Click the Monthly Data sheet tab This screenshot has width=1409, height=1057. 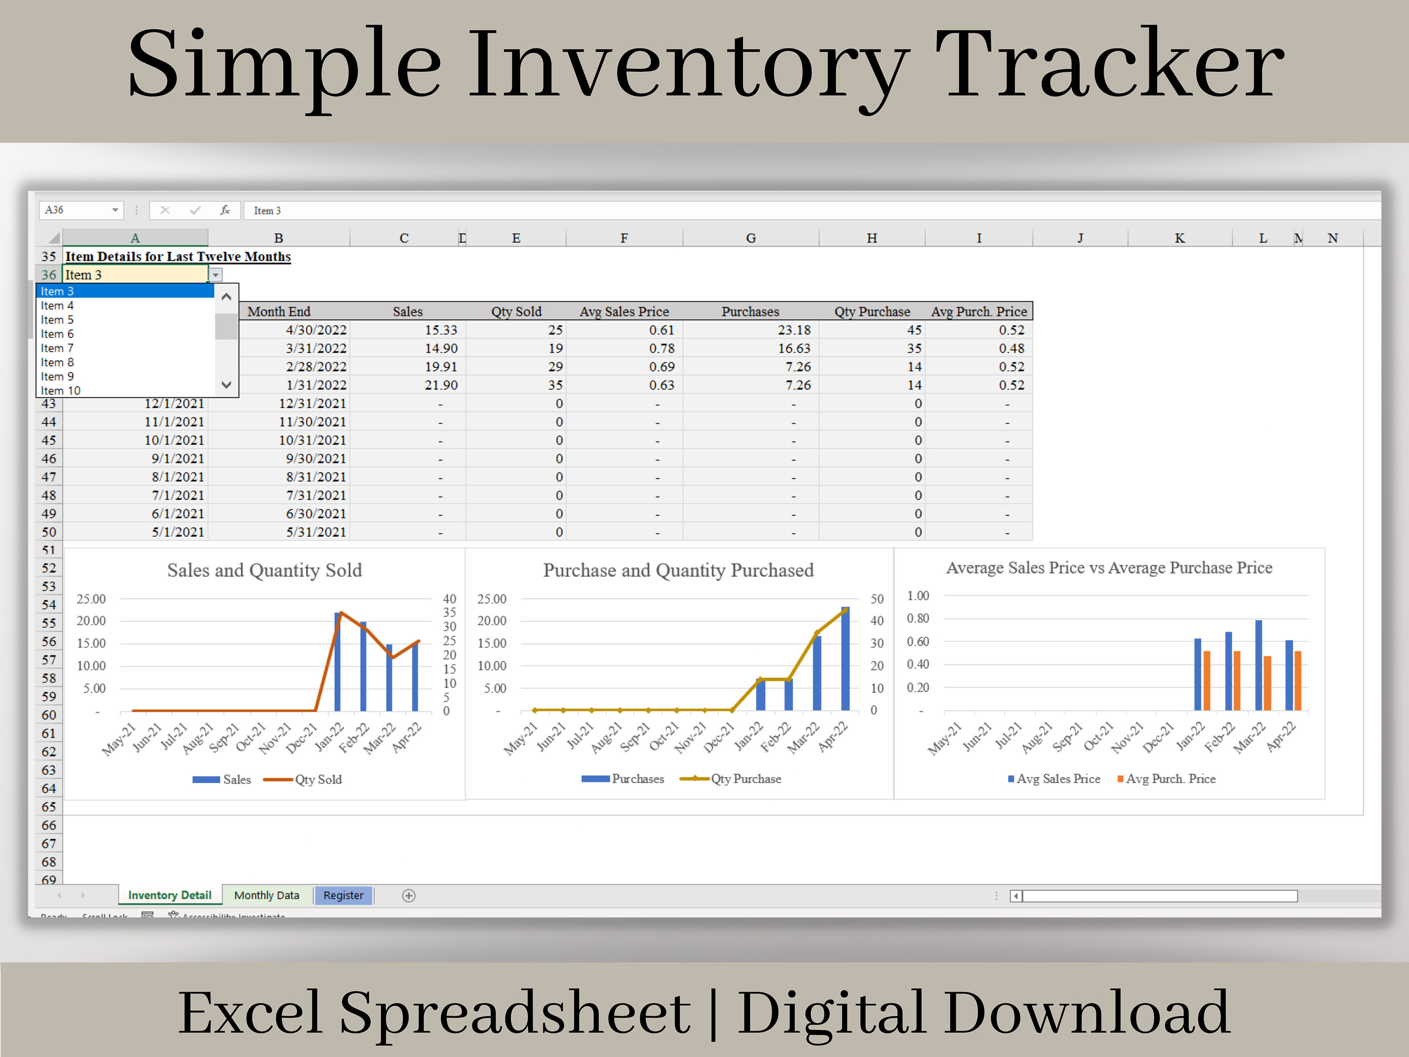tap(266, 895)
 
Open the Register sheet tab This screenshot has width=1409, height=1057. tap(343, 895)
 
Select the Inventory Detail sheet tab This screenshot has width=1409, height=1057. tap(170, 895)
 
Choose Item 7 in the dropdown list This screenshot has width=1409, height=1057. tap(57, 349)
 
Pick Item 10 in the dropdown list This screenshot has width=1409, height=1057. tap(61, 390)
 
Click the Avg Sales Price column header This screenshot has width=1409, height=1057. tap(624, 311)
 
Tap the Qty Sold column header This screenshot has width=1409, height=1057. tap(516, 311)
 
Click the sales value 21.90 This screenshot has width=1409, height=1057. tap(441, 385)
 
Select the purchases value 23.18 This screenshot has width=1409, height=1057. tap(794, 330)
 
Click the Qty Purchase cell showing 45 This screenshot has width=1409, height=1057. tap(914, 330)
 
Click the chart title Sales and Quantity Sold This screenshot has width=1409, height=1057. tap(264, 570)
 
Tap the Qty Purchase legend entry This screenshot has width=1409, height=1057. tap(745, 778)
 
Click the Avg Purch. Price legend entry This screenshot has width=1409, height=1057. tap(1170, 778)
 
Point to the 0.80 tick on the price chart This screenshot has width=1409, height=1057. tap(918, 618)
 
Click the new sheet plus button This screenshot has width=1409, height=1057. tap(409, 896)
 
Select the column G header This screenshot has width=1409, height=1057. tap(751, 238)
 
